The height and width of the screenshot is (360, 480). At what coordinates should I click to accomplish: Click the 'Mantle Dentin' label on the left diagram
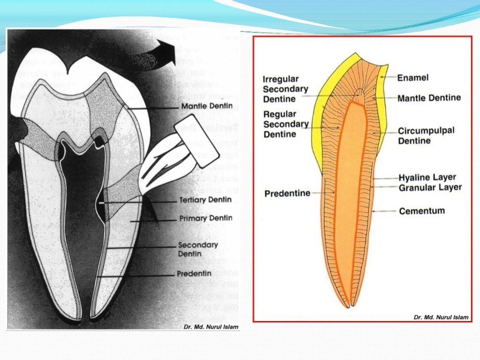(207, 107)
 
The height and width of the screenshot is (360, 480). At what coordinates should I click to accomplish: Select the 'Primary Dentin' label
(206, 218)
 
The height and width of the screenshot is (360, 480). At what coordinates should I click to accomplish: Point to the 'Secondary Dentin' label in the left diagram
(198, 249)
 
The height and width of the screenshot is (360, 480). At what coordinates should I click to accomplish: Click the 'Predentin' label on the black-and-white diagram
(194, 273)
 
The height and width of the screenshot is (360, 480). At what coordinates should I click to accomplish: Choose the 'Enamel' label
(412, 78)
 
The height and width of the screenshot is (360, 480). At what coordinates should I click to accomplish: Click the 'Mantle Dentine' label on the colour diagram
(429, 98)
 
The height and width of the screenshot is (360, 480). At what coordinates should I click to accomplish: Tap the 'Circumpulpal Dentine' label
(426, 135)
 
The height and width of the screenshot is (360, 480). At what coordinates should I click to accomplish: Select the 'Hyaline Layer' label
(427, 178)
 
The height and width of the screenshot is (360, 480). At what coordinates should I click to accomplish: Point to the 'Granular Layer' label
(430, 187)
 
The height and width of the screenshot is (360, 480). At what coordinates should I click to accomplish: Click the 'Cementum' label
(421, 211)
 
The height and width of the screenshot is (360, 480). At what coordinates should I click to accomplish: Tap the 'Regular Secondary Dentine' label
(285, 124)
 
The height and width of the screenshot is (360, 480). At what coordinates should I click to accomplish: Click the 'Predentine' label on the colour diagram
(287, 193)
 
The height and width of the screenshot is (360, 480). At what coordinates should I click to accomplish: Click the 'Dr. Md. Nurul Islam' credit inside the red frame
(441, 317)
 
